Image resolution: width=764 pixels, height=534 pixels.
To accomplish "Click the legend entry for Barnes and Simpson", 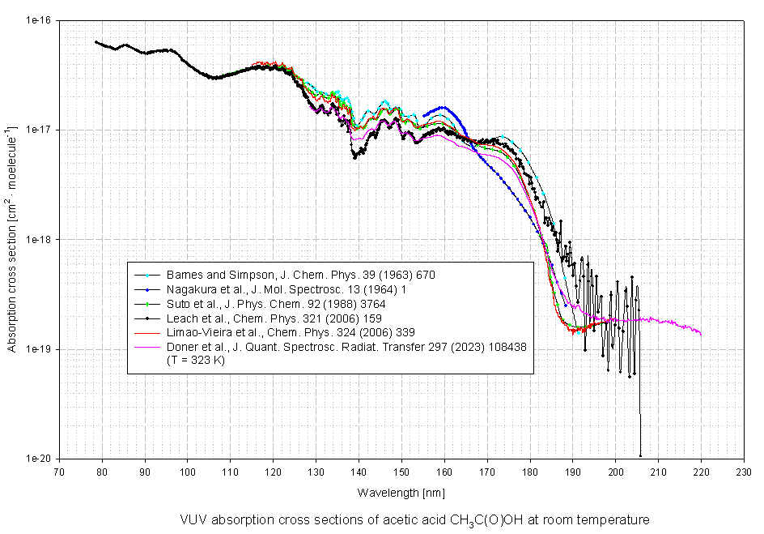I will point(295,275).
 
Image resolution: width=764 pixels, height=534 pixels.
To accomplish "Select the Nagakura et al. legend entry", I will point(291,289).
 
